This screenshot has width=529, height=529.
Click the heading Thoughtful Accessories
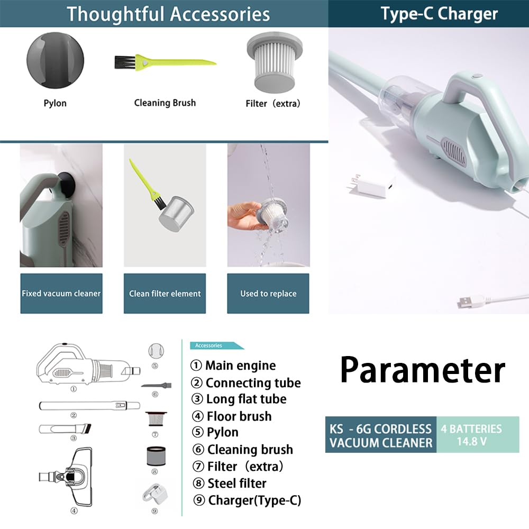pyautogui.click(x=168, y=14)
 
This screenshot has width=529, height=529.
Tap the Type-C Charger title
pyautogui.click(x=439, y=14)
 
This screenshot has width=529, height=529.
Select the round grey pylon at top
pyautogui.click(x=56, y=60)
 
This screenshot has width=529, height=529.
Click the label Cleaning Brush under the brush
pyautogui.click(x=165, y=103)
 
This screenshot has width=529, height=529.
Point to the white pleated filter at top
pyautogui.click(x=275, y=62)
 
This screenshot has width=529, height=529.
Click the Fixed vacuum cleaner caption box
pyautogui.click(x=61, y=293)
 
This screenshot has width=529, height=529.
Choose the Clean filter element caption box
pyautogui.click(x=165, y=293)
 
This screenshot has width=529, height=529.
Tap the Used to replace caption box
pyautogui.click(x=268, y=293)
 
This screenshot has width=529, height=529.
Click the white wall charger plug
pyautogui.click(x=370, y=186)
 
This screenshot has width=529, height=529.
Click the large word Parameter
pyautogui.click(x=422, y=370)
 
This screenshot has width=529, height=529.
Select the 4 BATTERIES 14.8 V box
pyautogui.click(x=478, y=434)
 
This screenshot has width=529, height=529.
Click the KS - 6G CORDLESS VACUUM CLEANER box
pyautogui.click(x=381, y=434)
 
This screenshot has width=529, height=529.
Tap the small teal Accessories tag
pyautogui.click(x=216, y=345)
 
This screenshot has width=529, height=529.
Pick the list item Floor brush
pyautogui.click(x=232, y=416)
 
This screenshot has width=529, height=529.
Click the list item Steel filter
pyautogui.click(x=230, y=483)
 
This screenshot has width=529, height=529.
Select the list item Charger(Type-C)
pyautogui.click(x=247, y=500)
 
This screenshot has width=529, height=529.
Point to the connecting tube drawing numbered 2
pyautogui.click(x=89, y=405)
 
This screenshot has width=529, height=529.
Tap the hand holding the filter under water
pyautogui.click(x=242, y=216)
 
